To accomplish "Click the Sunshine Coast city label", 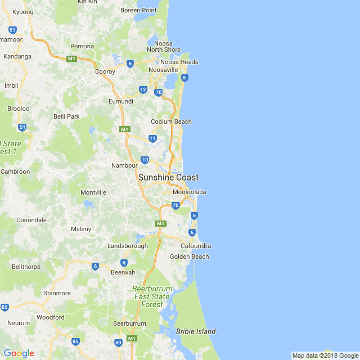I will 168,178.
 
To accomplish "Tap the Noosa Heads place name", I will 179,62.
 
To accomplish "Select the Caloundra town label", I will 196,246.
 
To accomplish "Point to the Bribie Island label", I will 195,331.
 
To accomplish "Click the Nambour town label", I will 124,165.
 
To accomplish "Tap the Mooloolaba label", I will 189,192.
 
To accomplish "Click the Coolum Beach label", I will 171,121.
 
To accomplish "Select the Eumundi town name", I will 120,101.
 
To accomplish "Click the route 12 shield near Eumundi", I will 143,89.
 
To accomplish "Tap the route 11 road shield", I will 152,138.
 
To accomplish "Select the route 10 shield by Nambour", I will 145,160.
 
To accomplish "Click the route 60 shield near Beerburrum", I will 118,343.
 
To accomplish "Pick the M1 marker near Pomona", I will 71,58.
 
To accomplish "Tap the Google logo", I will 19,353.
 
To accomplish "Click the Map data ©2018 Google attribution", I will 325,355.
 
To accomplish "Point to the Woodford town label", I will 51,317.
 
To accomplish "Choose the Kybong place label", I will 23,12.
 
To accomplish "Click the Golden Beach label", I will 189,256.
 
